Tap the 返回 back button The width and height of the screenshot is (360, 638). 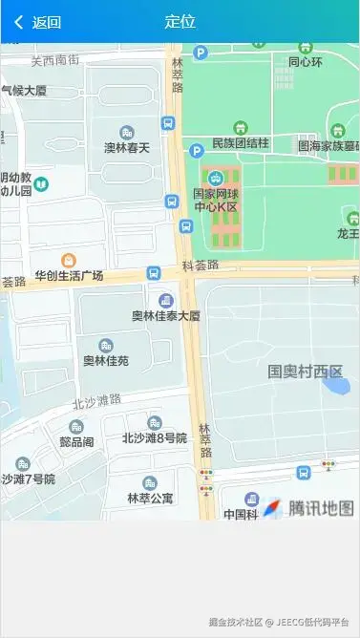[x=38, y=22]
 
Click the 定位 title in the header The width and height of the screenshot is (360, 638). [x=180, y=22]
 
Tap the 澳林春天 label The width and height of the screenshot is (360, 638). [x=127, y=148]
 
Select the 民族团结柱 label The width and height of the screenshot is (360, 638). [x=241, y=143]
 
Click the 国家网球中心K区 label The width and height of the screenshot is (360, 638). [x=216, y=199]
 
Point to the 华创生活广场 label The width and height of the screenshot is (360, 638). [x=69, y=276]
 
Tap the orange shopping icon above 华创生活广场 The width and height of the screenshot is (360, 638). [x=69, y=260]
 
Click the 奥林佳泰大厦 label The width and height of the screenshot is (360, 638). [x=166, y=315]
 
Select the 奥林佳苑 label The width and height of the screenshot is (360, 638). [x=105, y=361]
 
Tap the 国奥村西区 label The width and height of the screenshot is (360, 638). [x=305, y=372]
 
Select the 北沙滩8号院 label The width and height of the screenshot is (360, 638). [x=155, y=438]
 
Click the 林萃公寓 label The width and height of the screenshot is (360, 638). [x=150, y=499]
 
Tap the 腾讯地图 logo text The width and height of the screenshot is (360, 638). [x=322, y=508]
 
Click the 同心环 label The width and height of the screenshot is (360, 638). [x=306, y=63]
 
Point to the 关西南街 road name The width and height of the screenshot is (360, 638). [x=54, y=60]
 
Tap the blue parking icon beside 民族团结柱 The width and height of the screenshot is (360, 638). [x=198, y=151]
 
